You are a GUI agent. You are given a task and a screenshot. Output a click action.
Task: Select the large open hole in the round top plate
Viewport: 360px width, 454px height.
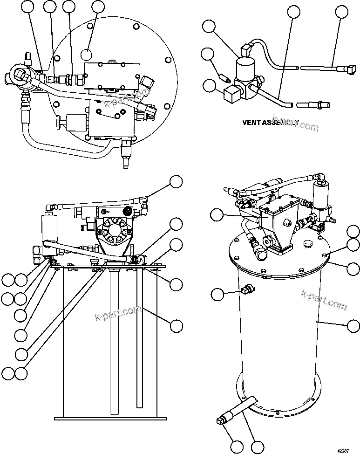pos(88,54)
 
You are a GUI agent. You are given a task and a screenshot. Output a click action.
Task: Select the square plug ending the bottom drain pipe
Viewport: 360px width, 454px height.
pos(221,422)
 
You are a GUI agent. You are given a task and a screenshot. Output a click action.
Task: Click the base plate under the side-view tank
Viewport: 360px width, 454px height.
pos(111,416)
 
